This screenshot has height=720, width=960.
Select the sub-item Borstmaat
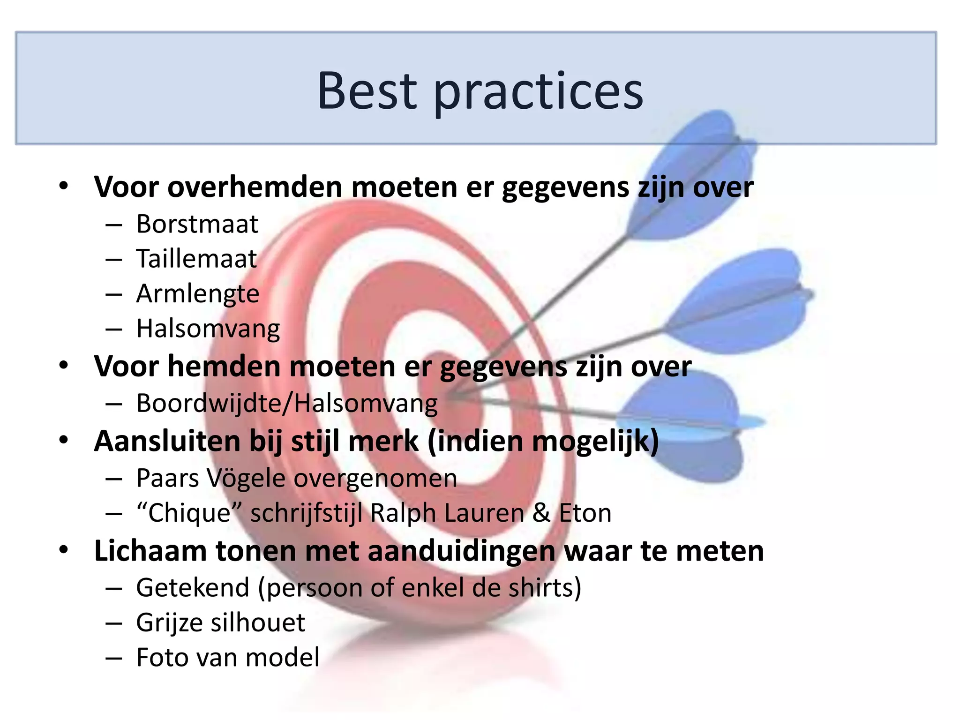tap(197, 224)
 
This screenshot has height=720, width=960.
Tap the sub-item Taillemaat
tap(196, 259)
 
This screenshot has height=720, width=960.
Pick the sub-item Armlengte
tap(197, 294)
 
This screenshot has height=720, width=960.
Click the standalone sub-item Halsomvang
tap(208, 329)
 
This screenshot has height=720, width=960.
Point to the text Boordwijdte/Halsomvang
tap(287, 403)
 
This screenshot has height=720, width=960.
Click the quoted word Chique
tap(189, 513)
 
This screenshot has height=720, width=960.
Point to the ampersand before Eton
tap(541, 513)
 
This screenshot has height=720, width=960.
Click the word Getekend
tap(193, 587)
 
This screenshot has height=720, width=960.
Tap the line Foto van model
tap(228, 657)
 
